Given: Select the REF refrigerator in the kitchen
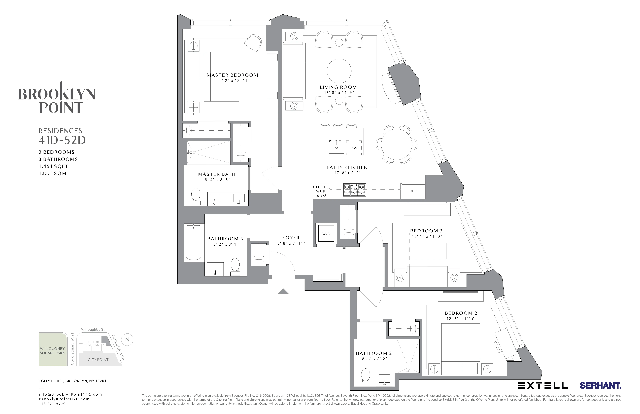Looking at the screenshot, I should point(413,191).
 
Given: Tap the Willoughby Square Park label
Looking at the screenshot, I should point(52,351).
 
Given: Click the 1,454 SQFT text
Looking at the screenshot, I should point(53,166).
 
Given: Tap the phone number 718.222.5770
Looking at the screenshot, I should point(52,404).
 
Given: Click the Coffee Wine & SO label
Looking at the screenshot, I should point(321,191).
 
